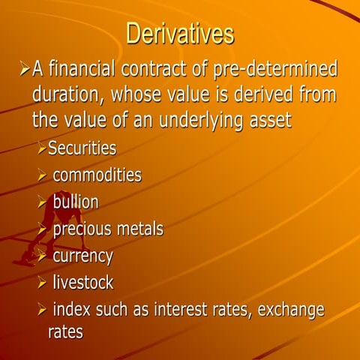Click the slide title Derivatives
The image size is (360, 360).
[x=180, y=34]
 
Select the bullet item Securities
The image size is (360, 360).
[x=82, y=148]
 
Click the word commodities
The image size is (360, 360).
[x=97, y=175]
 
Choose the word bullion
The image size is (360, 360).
[x=75, y=202]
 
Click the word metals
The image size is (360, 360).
[x=142, y=228]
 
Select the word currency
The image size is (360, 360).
[x=82, y=256]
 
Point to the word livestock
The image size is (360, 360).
[x=83, y=283]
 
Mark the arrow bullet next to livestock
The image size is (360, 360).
[x=42, y=283]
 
